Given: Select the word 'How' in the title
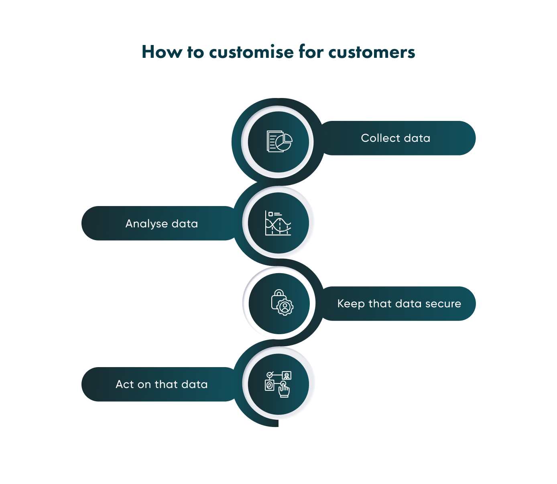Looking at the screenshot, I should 161,52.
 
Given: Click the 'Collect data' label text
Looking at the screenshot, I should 395,138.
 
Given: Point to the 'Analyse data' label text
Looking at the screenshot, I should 161,224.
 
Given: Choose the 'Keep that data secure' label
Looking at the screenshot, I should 399,304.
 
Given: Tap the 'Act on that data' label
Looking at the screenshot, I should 161,384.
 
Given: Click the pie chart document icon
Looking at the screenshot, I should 279,142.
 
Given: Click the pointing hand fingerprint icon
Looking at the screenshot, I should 278,384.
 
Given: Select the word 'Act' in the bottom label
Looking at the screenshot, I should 124,384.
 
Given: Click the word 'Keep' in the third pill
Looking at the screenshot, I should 350,304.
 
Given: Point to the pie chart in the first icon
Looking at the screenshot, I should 284,142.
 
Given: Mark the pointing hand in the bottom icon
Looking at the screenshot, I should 284,390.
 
